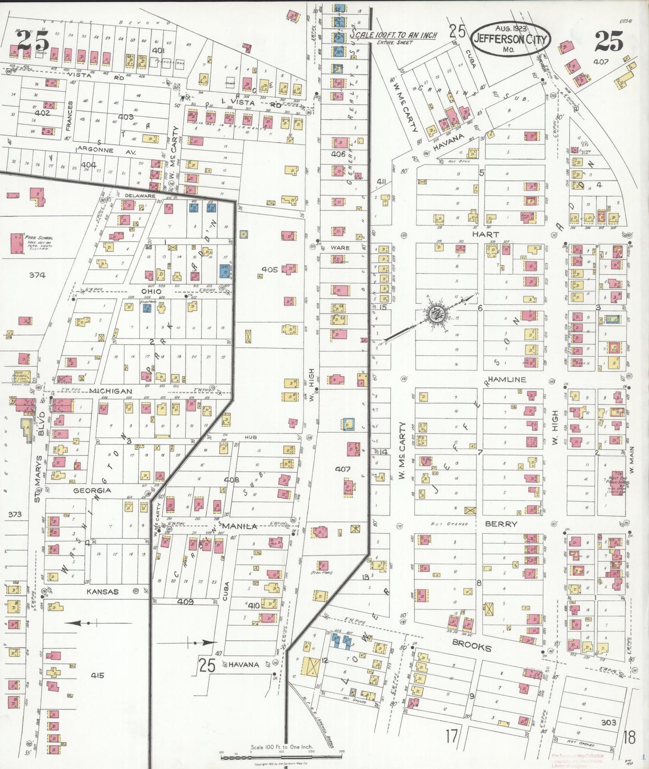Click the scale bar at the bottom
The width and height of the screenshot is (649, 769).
pos(282,757)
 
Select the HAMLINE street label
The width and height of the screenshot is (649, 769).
pos(506,380)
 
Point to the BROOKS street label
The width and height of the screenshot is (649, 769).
pos(472,647)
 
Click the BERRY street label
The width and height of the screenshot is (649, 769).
pos(501,524)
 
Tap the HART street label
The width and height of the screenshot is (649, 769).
pos(485,234)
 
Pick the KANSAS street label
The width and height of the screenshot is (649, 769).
pos(102,591)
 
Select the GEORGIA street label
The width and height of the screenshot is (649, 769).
pos(92,491)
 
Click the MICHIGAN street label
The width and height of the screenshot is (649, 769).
pos(110,391)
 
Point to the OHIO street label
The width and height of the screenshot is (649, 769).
pos(151,291)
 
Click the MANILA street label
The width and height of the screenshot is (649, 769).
pos(240,526)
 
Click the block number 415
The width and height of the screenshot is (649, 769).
pos(97,675)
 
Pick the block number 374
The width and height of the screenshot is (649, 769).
pos(37,275)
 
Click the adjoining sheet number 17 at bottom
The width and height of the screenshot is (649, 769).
pos(452,736)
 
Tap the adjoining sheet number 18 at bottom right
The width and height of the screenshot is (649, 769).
pos(629,737)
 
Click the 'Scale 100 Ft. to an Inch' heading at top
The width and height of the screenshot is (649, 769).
pos(393,35)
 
